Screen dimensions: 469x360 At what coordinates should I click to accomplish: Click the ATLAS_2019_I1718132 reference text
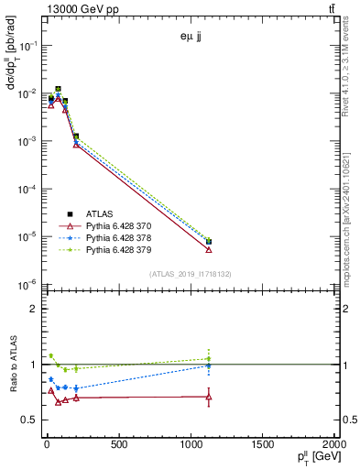(x=190, y=274)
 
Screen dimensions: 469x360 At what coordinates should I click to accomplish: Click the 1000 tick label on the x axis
(x=191, y=445)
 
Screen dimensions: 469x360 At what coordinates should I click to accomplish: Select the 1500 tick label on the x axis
(x=262, y=445)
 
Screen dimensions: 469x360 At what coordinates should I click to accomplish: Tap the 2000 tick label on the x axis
(x=332, y=445)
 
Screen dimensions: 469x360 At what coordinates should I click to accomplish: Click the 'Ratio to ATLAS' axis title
(x=13, y=365)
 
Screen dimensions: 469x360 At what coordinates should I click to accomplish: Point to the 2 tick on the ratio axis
(x=34, y=309)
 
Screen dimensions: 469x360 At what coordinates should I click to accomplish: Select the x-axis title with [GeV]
(x=312, y=459)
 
